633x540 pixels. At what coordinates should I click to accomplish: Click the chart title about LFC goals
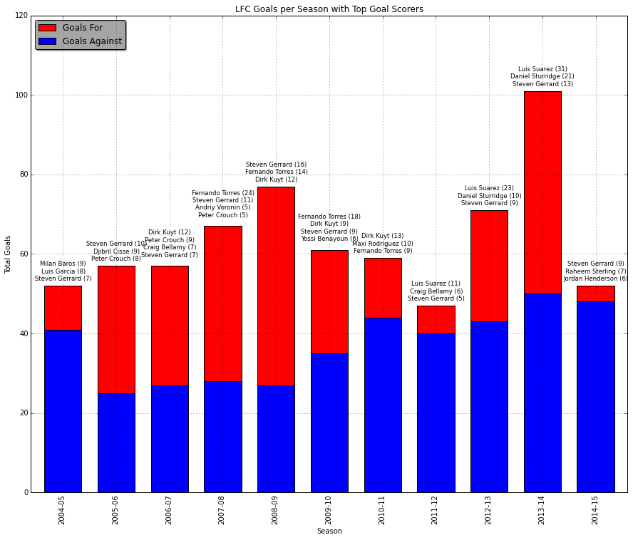329,9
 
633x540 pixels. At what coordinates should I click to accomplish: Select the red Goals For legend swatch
47,28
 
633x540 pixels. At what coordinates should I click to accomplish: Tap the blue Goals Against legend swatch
47,41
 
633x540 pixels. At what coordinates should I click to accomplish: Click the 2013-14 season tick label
542,511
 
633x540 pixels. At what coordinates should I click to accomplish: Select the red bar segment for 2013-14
542,192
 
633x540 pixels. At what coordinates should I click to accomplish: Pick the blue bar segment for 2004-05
63,411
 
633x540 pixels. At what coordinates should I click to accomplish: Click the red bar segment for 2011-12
436,319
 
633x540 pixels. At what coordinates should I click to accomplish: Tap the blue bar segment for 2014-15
595,397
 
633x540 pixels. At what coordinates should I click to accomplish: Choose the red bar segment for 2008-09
276,286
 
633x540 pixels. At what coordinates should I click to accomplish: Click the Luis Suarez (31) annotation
542,69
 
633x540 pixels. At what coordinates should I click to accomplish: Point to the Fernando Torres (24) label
223,193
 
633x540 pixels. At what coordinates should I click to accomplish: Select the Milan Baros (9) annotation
63,264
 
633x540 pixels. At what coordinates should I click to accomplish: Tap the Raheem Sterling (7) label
595,271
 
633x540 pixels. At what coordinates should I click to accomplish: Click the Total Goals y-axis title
8,254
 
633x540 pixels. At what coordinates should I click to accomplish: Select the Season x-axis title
329,531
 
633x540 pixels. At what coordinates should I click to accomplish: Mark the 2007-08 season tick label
222,511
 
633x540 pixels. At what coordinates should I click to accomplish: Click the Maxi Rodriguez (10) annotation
383,244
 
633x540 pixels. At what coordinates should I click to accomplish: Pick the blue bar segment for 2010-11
383,405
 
